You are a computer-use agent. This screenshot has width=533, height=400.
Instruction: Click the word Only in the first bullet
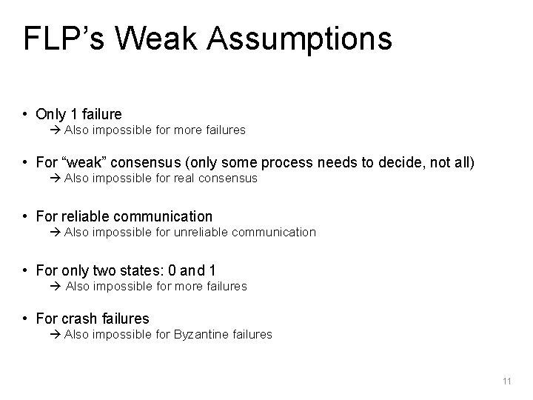click(x=50, y=114)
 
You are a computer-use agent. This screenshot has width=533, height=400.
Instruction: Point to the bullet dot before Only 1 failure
click(x=26, y=115)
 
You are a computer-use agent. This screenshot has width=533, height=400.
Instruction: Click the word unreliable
click(x=204, y=232)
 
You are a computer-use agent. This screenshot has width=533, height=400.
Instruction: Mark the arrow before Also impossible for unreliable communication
click(x=58, y=233)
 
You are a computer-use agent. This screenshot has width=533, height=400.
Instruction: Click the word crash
click(x=79, y=319)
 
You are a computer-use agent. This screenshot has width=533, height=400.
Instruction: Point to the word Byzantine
click(x=201, y=334)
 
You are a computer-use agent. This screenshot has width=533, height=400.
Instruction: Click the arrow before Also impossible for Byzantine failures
click(x=58, y=335)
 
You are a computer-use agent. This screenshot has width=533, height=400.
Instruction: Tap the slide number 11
click(x=506, y=381)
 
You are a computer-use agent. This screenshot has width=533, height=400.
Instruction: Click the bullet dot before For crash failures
click(x=26, y=319)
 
